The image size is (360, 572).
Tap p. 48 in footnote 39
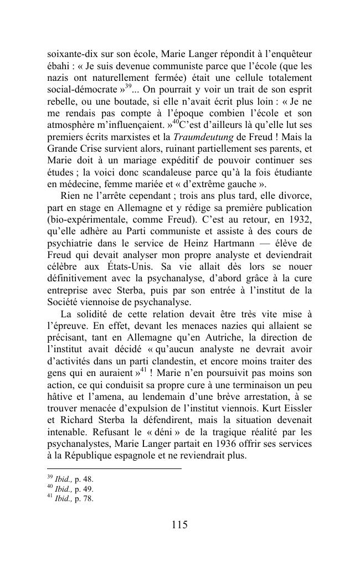84,480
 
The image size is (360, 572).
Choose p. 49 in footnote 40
84,489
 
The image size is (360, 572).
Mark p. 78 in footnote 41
84,499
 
